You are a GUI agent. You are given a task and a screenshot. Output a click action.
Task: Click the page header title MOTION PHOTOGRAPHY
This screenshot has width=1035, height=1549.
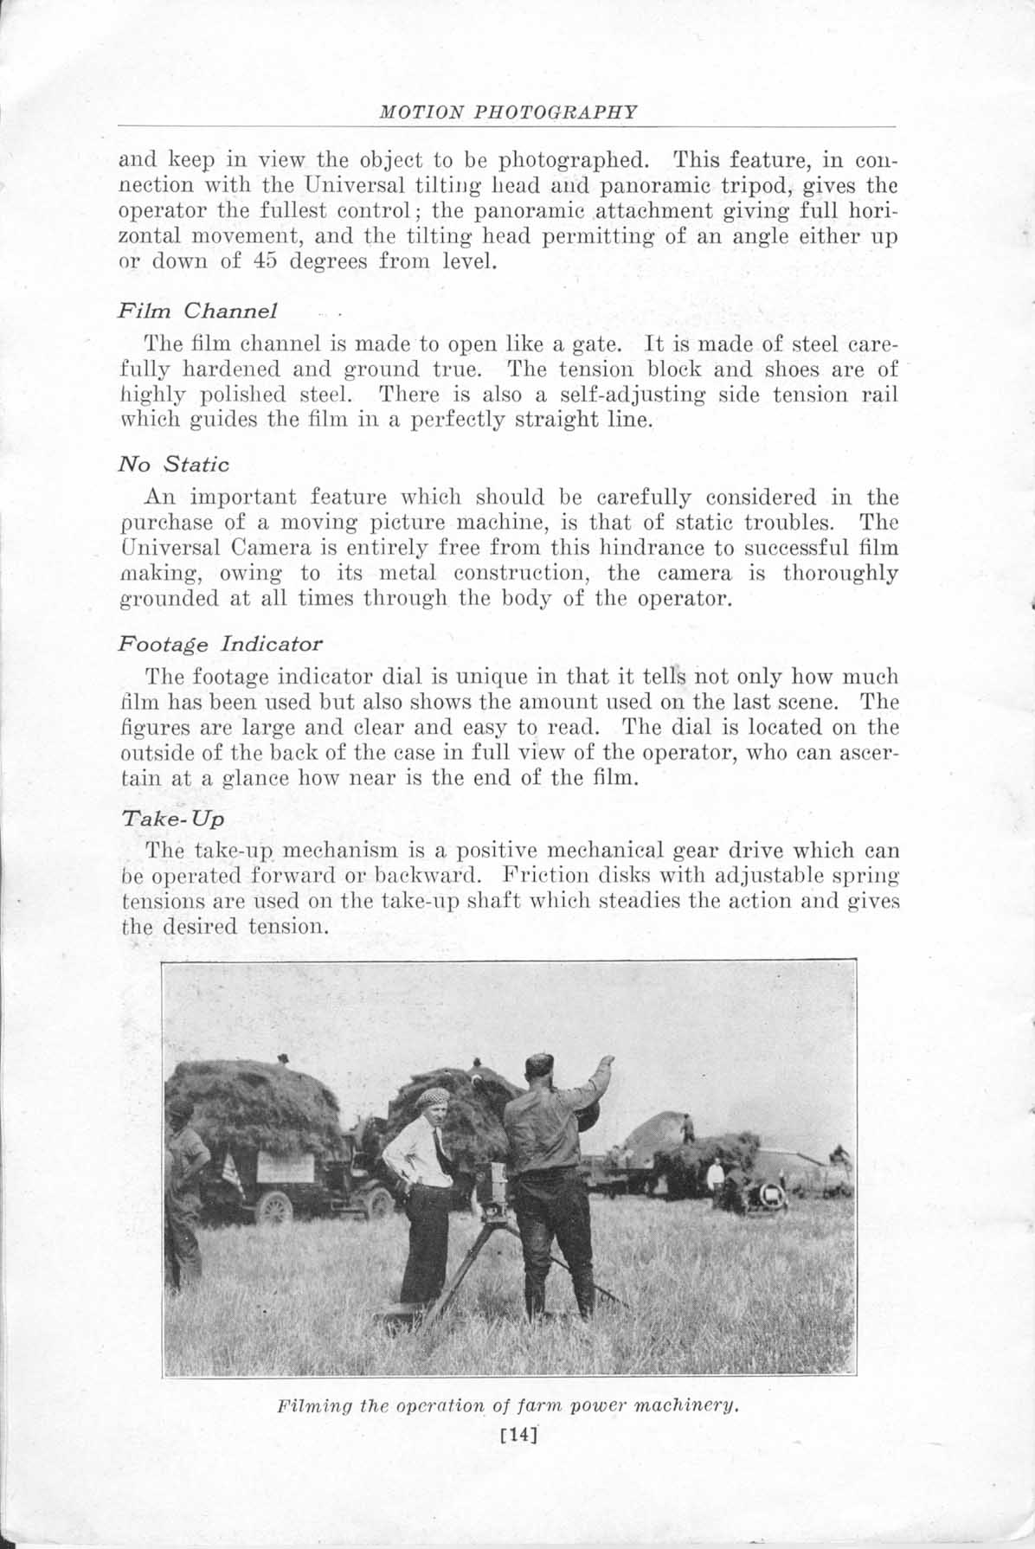tap(510, 112)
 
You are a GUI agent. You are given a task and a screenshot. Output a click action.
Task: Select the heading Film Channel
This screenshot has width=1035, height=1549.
tap(197, 310)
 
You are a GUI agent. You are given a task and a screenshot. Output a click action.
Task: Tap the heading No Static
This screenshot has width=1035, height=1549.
tap(174, 465)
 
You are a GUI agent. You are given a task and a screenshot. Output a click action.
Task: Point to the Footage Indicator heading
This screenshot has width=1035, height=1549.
tap(220, 644)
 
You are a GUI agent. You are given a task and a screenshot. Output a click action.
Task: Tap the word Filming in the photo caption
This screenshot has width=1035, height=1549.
tap(307, 1405)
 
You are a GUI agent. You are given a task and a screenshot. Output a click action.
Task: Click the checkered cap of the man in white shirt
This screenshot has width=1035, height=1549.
tap(430, 1098)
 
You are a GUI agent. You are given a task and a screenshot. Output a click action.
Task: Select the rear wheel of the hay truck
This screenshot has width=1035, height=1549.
tap(274, 1208)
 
